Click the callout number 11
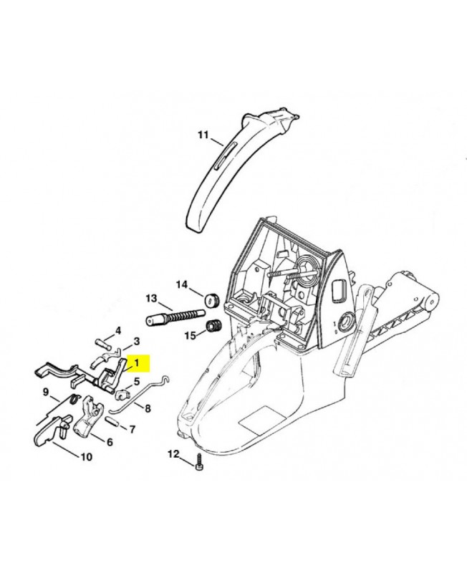pyautogui.click(x=203, y=135)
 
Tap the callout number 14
pyautogui.click(x=182, y=284)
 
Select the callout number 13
pyautogui.click(x=151, y=298)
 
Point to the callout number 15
pyautogui.click(x=191, y=335)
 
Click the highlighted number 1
pyautogui.click(x=137, y=363)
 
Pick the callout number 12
pyautogui.click(x=173, y=454)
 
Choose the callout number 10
pyautogui.click(x=86, y=457)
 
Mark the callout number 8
pyautogui.click(x=148, y=408)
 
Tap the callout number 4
pyautogui.click(x=118, y=331)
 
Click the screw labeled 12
pyautogui.click(x=200, y=462)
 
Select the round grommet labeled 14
pyautogui.click(x=211, y=300)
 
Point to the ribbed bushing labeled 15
pyautogui.click(x=212, y=326)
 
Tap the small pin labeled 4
pyautogui.click(x=102, y=345)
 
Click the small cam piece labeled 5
pyautogui.click(x=122, y=394)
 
